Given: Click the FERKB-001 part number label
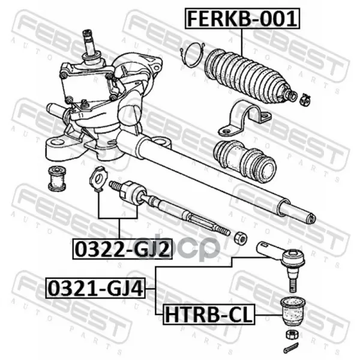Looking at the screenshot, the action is (242, 19).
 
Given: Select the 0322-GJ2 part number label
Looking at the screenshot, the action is (122, 249).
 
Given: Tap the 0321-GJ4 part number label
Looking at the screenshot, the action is (95, 288).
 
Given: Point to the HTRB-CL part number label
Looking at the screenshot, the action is (209, 314).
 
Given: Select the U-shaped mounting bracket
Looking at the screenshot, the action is (245, 118).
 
